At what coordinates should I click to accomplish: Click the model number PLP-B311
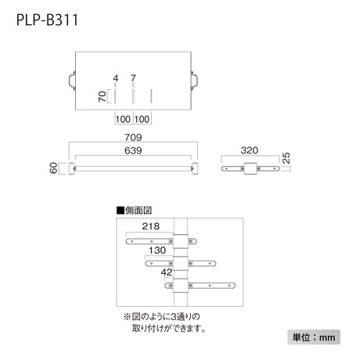tap(47, 20)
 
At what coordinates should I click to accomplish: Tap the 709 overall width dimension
tap(133, 137)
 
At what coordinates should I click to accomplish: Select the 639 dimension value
tap(133, 150)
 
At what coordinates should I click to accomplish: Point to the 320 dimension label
tap(250, 150)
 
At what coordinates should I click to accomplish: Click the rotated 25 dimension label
tap(286, 158)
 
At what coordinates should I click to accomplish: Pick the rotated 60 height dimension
tap(53, 167)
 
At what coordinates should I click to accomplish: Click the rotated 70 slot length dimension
tap(103, 96)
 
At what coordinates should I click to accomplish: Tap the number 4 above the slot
tap(116, 78)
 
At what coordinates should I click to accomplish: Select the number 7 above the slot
tap(133, 78)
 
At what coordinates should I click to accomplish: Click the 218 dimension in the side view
tap(151, 226)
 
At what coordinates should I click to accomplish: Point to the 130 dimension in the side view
tap(157, 250)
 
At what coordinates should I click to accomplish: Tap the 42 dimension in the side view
tap(167, 272)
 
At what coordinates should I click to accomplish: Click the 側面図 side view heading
tap(139, 211)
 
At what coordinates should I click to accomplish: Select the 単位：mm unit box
tap(314, 337)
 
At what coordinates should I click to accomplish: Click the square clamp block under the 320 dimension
tap(250, 168)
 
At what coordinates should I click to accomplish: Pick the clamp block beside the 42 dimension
tap(181, 286)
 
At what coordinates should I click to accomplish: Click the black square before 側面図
tap(121, 211)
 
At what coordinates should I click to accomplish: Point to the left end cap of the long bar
tap(71, 168)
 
